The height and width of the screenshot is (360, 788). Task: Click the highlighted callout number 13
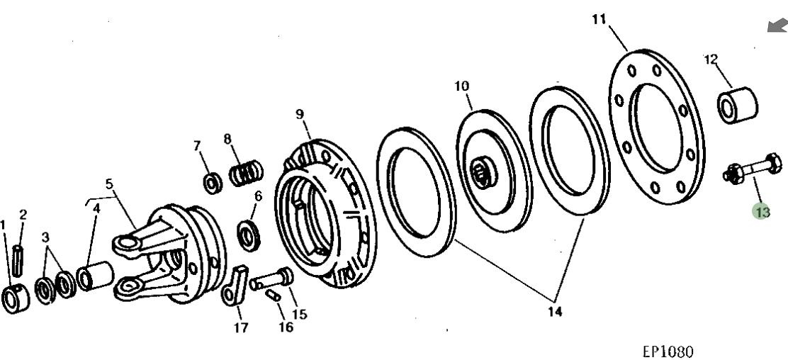tap(762, 211)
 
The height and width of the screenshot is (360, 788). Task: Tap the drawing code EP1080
tap(668, 351)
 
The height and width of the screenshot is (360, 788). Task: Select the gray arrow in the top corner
tap(777, 26)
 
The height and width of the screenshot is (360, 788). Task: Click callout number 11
tap(599, 20)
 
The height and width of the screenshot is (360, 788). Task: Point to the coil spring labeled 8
tap(247, 173)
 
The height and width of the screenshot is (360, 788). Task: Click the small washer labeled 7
tap(213, 183)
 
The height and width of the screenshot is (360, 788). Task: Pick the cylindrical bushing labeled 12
tap(737, 105)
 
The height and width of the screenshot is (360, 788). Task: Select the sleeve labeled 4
tap(95, 276)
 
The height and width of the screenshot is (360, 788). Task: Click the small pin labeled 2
tap(18, 260)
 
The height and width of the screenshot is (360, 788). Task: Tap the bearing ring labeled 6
tap(248, 235)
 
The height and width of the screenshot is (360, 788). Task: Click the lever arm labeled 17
tap(234, 285)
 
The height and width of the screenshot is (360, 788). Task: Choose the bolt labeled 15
tap(272, 278)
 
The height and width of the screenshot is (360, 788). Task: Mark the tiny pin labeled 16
tap(274, 296)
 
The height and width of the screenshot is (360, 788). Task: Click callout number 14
tap(554, 311)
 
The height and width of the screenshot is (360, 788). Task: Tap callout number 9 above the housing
tap(300, 114)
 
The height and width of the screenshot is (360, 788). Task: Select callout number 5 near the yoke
tap(109, 184)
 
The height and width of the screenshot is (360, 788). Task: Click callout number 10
tap(461, 86)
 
